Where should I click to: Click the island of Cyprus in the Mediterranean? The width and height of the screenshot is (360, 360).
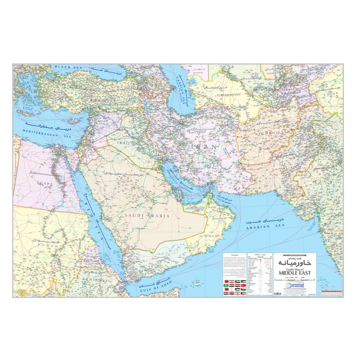tap(69, 123)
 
